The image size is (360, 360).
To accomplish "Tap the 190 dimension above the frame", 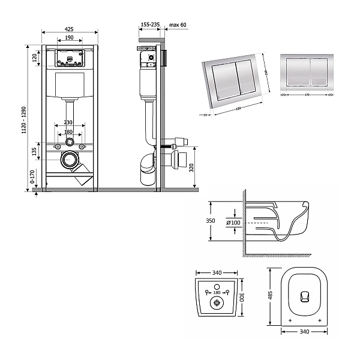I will (x=70, y=37).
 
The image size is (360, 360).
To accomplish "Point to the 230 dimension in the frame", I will (x=70, y=123).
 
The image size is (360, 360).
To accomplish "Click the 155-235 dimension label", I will (x=150, y=25).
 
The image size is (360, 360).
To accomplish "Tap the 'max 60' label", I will (x=178, y=25).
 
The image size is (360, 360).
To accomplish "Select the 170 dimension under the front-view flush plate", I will (x=306, y=94).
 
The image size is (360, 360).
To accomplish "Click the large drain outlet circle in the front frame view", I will (x=71, y=160).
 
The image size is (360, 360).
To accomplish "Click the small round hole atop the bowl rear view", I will (x=216, y=285).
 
